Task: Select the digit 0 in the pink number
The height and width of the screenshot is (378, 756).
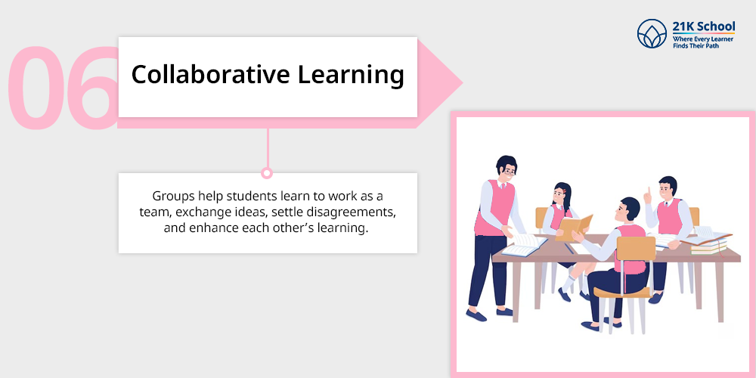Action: coord(36,88)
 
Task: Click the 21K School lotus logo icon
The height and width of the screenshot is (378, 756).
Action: coord(652,34)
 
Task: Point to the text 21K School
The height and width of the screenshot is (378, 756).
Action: coord(703,26)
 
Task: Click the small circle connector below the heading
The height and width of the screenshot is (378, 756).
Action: coord(267,172)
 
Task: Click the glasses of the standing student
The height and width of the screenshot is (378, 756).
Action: coord(509,171)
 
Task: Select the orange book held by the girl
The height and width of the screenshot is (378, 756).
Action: coord(573,227)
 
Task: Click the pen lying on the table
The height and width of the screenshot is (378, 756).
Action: coord(569,248)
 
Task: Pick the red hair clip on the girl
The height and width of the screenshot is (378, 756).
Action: coord(563,191)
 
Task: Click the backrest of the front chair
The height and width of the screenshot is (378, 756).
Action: coord(636,248)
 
